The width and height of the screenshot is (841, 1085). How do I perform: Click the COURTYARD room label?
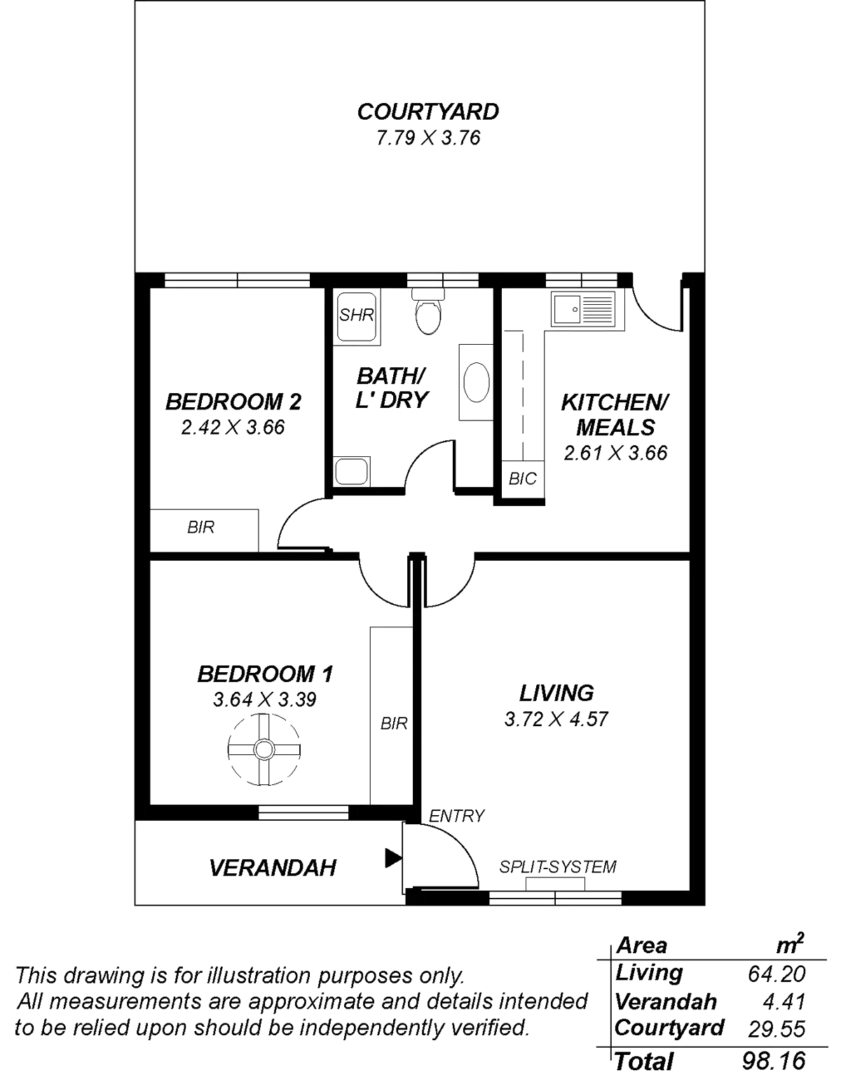coord(428,112)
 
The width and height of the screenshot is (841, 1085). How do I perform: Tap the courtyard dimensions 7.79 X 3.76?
coord(428,138)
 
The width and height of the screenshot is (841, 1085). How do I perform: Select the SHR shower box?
coord(356,316)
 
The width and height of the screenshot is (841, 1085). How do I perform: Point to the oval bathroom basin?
coord(476,381)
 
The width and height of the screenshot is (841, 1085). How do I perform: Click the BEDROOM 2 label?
coord(233,402)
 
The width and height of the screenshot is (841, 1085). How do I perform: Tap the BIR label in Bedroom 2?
coord(201,527)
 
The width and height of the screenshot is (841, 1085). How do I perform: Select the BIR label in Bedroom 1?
coord(394,723)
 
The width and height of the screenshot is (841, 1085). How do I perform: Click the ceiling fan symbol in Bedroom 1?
coord(264,749)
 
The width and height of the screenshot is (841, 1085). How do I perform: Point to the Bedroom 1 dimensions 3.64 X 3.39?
coord(265,700)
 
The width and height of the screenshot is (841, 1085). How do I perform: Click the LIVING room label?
coord(557,692)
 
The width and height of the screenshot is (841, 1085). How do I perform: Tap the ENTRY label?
coord(456,816)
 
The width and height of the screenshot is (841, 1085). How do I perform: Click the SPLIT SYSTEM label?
coord(558,867)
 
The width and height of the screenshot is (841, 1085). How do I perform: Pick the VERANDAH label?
coord(273,868)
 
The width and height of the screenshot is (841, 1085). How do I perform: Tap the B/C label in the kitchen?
coord(523,479)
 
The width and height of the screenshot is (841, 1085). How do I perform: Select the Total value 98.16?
coord(773,1061)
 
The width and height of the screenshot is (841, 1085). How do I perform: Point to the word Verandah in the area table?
coord(665,1002)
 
